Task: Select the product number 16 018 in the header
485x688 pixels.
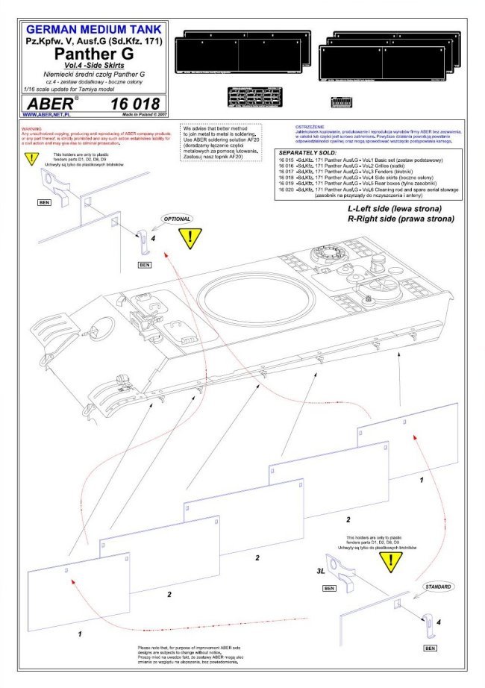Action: point(133,103)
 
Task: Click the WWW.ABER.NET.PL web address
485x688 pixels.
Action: point(47,115)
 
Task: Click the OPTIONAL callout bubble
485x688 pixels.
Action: point(174,219)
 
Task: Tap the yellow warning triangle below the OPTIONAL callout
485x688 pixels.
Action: point(190,238)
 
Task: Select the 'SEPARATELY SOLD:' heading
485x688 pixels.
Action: point(304,152)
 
